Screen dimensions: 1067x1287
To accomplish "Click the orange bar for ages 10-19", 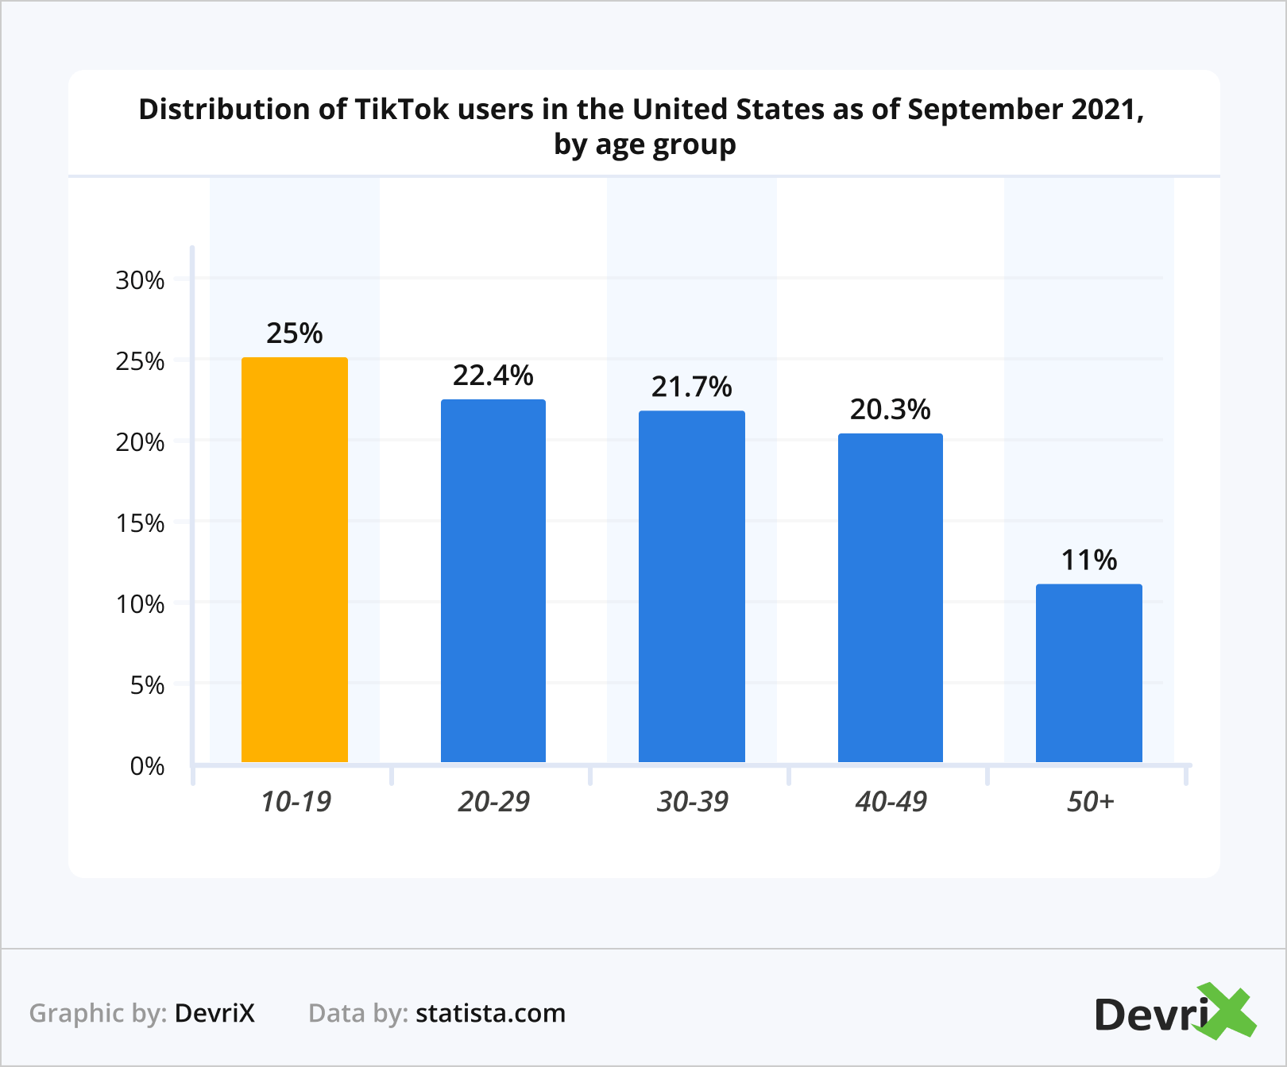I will tap(295, 560).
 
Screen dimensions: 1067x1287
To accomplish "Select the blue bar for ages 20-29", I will tap(493, 580).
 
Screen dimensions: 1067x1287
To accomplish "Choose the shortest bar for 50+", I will tap(1089, 672).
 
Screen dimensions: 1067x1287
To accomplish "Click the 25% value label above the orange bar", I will tap(295, 333).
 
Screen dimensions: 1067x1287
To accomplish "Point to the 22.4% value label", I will tap(493, 376).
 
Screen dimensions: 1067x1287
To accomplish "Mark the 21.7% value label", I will tap(692, 387).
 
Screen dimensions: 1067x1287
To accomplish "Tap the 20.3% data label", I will tap(891, 410).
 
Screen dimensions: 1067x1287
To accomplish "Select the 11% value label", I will tap(1089, 560).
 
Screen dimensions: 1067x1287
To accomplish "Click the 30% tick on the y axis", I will tap(140, 280).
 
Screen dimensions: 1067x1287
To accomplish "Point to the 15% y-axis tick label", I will tap(140, 523).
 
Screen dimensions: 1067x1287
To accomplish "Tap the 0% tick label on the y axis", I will tap(147, 766).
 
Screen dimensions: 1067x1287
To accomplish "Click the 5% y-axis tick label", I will tap(147, 685).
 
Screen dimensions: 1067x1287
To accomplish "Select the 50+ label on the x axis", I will tap(1090, 802).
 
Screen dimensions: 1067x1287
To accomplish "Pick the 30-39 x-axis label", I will tap(692, 802).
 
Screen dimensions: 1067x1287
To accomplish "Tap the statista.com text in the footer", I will tap(490, 1013).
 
